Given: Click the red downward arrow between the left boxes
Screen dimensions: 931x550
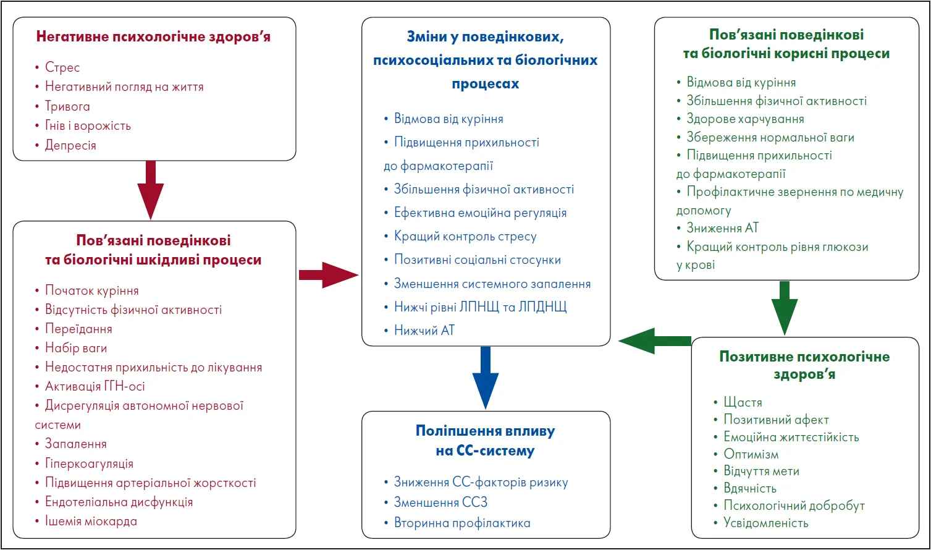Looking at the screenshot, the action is pyautogui.click(x=151, y=190).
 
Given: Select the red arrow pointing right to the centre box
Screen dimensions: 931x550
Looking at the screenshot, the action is pyautogui.click(x=328, y=275).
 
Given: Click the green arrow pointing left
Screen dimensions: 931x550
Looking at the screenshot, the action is pyautogui.click(x=655, y=341).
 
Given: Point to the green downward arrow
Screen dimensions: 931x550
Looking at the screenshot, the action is pyautogui.click(x=785, y=308).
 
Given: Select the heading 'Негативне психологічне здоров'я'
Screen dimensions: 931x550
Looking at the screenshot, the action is pyautogui.click(x=153, y=36).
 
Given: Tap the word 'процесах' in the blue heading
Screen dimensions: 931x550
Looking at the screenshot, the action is pyautogui.click(x=486, y=84).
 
